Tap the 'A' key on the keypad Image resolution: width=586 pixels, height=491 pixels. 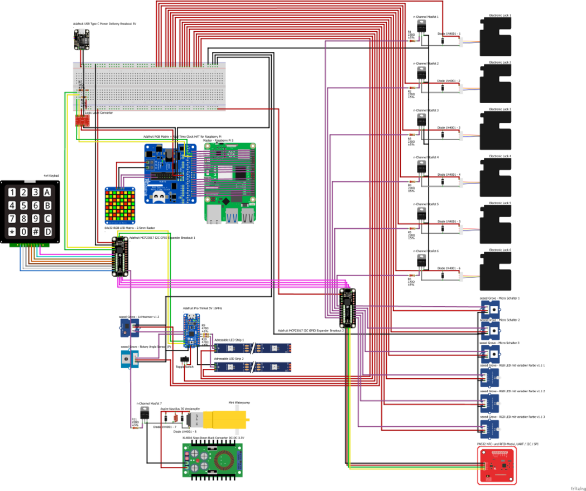(x=48, y=192)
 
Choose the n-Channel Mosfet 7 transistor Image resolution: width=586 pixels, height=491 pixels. (x=146, y=413)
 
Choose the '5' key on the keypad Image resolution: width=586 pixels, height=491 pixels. (x=23, y=206)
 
